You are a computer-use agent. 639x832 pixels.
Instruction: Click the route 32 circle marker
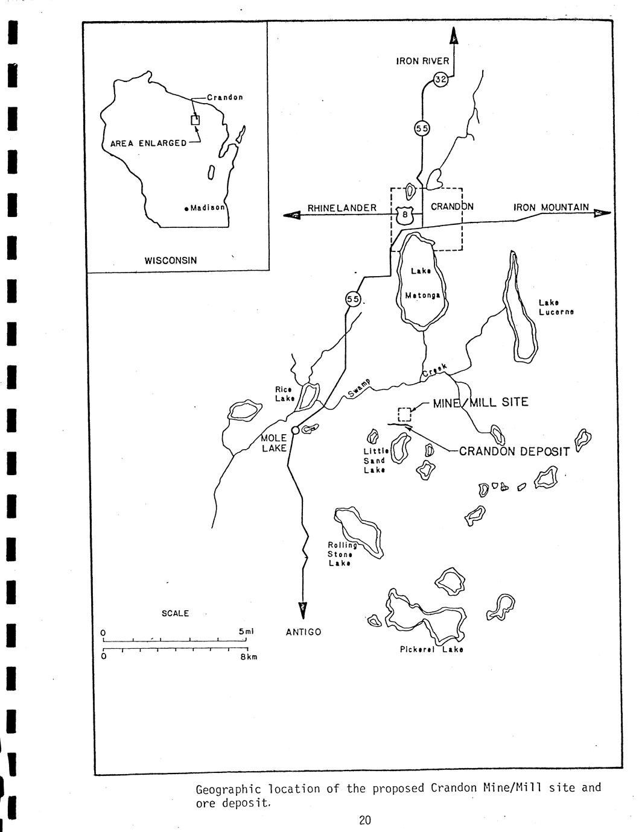tap(440, 80)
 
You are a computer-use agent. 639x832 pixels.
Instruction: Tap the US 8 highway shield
tap(405, 215)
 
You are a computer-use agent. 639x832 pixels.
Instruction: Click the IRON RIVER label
tap(422, 61)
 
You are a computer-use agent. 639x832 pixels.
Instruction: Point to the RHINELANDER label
tap(342, 208)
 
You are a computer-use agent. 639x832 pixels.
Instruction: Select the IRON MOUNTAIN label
tap(551, 207)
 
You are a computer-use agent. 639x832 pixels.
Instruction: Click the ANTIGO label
tap(304, 632)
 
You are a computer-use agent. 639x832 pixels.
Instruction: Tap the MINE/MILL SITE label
tap(480, 402)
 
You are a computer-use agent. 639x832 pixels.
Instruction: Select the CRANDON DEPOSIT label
tap(514, 452)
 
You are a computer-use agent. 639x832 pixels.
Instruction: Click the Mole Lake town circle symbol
tap(295, 430)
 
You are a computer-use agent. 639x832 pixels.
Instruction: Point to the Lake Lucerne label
tap(556, 307)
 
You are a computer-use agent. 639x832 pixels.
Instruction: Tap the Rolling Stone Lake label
tap(342, 553)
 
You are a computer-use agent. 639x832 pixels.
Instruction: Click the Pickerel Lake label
tap(431, 649)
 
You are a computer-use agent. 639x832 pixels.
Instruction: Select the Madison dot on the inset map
tap(186, 209)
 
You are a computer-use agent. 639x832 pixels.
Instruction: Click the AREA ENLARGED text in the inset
tap(148, 143)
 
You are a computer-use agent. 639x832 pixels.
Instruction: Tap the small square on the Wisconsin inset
tap(196, 120)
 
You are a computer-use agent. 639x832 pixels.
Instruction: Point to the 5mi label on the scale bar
tap(246, 631)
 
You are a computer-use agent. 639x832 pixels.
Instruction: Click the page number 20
tap(365, 820)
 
